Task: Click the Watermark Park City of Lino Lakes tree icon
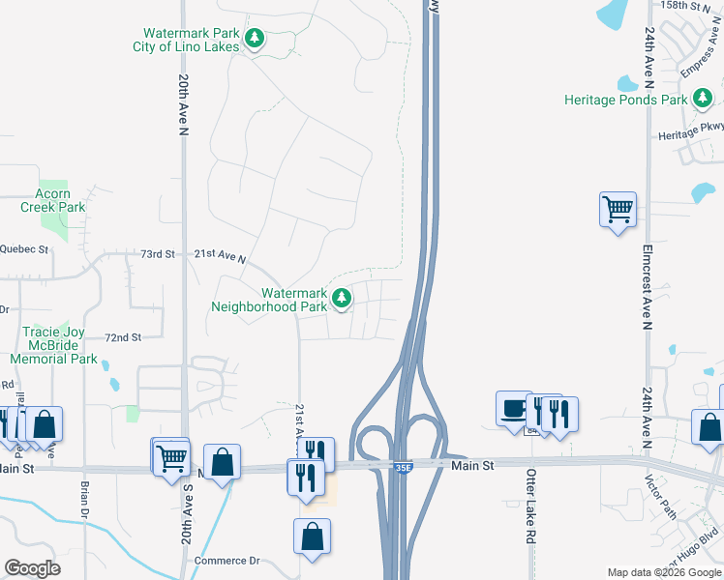255,39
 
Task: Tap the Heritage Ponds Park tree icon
703,98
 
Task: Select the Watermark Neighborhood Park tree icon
341,299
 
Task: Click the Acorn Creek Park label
53,200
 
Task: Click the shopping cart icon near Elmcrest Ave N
618,207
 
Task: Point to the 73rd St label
157,254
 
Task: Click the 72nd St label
124,337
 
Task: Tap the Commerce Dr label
227,561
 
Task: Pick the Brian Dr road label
85,497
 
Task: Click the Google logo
32,568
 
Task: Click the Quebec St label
24,248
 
